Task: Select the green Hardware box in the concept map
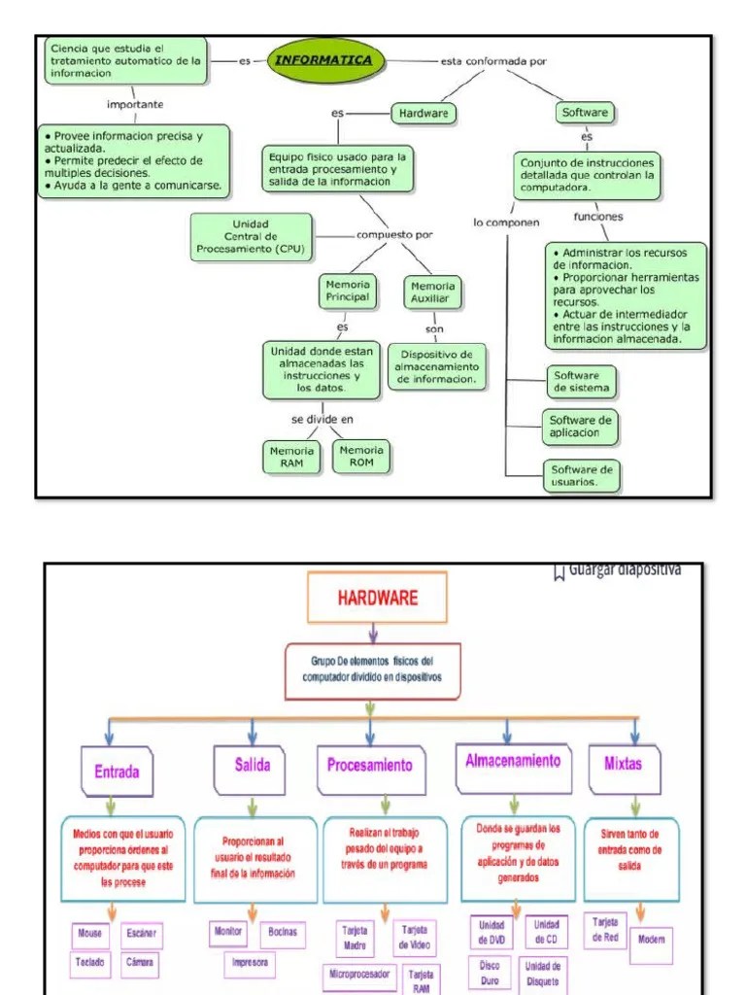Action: click(x=424, y=114)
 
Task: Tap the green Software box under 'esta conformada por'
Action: click(x=585, y=113)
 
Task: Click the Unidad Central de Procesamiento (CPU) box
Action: click(x=251, y=236)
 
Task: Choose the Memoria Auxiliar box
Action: click(x=432, y=292)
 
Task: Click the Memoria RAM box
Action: click(x=291, y=457)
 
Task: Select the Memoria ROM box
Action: click(x=360, y=457)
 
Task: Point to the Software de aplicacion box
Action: click(x=582, y=426)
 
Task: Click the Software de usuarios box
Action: click(x=582, y=475)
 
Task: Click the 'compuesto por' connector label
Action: click(x=394, y=234)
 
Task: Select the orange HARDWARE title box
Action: click(x=377, y=598)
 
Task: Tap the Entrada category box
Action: click(x=117, y=772)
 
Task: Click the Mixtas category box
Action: click(x=623, y=764)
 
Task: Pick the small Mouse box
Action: click(x=90, y=934)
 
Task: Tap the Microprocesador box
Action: click(x=358, y=974)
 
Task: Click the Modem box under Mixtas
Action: click(x=651, y=941)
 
